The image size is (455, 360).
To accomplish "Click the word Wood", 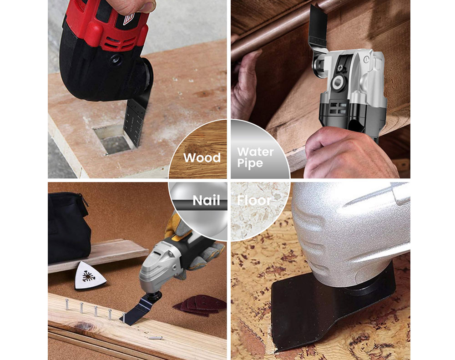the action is click(x=202, y=157).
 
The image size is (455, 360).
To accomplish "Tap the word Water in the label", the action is click(x=255, y=152).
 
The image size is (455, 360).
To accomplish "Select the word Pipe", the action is click(x=250, y=163).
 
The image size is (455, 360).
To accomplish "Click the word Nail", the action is click(x=206, y=200).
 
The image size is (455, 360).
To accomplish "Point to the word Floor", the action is click(x=254, y=200).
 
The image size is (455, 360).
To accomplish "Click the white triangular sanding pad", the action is click(x=90, y=276).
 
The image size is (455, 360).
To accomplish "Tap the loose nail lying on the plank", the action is click(x=155, y=338).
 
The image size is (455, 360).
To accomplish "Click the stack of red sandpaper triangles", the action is click(x=200, y=305).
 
